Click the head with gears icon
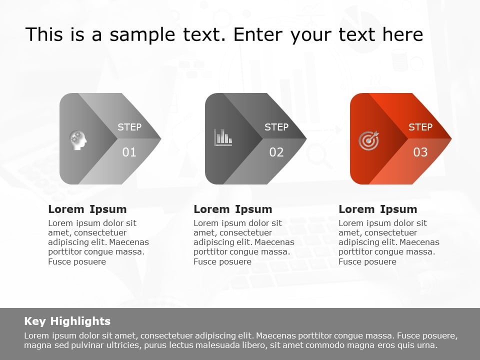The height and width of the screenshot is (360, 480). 78,139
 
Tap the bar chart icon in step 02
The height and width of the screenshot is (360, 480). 223,137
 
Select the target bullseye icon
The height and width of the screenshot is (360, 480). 369,140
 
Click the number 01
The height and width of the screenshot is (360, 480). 129,152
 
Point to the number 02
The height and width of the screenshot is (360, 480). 276,152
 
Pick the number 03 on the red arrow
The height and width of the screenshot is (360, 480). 420,152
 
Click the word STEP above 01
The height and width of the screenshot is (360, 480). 129,127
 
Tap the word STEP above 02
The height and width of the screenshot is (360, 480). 276,127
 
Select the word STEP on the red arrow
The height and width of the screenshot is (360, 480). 420,127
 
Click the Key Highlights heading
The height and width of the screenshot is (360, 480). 67,321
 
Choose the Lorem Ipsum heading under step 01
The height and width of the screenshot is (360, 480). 87,209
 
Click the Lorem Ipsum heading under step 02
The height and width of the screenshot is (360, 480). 233,209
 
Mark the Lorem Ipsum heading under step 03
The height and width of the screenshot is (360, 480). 378,209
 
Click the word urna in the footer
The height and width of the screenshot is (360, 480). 427,345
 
